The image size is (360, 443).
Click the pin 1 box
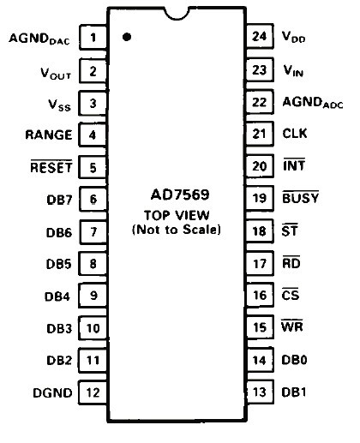(93, 37)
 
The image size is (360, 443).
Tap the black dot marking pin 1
(127, 37)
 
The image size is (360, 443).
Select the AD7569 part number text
(180, 195)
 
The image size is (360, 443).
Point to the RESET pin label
(51, 167)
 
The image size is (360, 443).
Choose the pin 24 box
(260, 36)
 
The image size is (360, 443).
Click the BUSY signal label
(300, 198)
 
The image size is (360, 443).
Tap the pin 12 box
(93, 392)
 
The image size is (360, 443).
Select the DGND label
(52, 393)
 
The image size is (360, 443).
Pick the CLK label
(295, 134)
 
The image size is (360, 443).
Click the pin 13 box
(260, 392)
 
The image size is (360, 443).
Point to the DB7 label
(59, 200)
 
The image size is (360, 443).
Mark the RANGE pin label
(49, 135)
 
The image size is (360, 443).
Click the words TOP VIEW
(177, 215)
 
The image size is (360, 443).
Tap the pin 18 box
(260, 231)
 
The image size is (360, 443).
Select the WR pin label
(292, 326)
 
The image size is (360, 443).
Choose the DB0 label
(294, 360)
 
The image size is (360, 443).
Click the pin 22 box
(260, 102)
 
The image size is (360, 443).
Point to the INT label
(294, 165)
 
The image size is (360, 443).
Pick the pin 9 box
(93, 296)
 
